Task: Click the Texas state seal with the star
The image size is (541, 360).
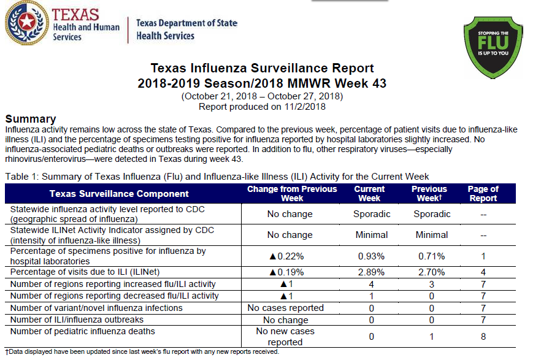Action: click(x=26, y=23)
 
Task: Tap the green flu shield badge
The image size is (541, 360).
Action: click(x=493, y=47)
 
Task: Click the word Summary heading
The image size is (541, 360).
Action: click(x=31, y=119)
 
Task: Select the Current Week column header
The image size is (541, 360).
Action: click(x=369, y=193)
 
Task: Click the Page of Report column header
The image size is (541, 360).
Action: click(x=483, y=193)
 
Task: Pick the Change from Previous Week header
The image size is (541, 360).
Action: click(x=292, y=193)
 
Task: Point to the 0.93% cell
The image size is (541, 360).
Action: click(x=371, y=256)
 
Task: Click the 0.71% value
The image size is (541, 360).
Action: click(x=432, y=256)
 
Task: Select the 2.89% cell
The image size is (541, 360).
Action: click(x=371, y=272)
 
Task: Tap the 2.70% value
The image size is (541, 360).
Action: click(x=432, y=272)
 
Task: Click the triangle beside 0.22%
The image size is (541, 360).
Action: click(x=272, y=256)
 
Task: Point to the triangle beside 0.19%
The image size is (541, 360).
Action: click(x=272, y=272)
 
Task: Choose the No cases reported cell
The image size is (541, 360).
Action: click(x=285, y=308)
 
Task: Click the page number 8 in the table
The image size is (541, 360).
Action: click(x=483, y=337)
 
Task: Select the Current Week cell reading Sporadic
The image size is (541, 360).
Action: click(x=372, y=214)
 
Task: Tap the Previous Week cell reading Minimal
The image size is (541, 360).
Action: click(x=432, y=235)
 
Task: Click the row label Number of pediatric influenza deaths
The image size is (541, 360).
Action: click(x=82, y=331)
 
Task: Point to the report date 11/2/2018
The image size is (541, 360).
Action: click(x=305, y=107)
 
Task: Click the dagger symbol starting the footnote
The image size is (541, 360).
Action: click(x=7, y=352)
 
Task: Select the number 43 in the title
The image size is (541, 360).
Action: click(x=379, y=83)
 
